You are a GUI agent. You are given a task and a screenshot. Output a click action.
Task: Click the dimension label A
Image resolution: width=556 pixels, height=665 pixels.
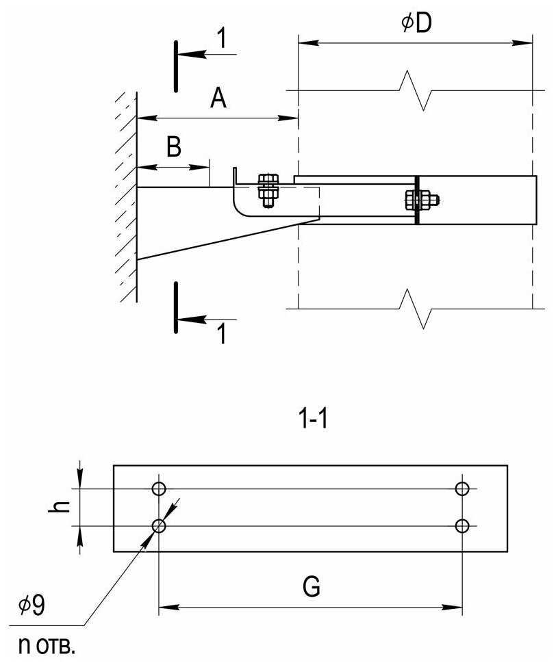218,100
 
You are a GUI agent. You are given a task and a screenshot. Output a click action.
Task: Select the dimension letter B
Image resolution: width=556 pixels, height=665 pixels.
174,148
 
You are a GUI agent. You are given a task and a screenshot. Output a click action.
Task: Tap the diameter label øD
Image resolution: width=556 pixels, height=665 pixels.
416,25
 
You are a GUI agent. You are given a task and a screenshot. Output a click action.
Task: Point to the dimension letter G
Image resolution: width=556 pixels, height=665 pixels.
311,587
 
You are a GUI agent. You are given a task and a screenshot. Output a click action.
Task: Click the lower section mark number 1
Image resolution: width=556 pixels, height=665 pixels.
220,334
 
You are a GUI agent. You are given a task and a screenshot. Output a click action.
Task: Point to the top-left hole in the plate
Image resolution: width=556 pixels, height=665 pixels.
160,488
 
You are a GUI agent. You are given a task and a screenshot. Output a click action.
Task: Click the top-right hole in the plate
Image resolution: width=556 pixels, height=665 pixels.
462,488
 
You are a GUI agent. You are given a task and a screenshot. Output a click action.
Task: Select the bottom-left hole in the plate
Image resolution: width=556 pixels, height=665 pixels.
160,525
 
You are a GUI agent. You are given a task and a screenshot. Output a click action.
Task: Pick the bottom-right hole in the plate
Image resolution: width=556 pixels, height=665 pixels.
462,525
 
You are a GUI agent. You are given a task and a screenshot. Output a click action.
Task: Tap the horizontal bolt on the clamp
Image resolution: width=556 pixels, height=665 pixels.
420,200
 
